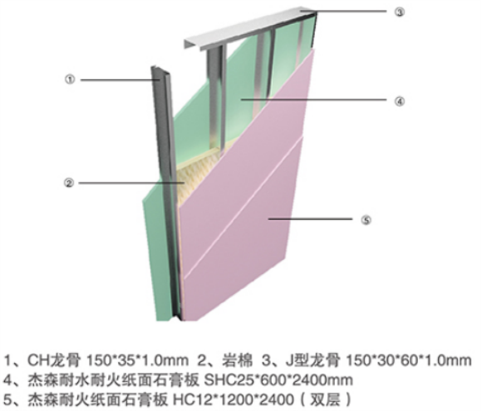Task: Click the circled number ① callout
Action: [70, 80]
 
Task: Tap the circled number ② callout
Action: [68, 183]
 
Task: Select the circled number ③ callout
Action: [399, 12]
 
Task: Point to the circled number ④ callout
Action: [399, 101]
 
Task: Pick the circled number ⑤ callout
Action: [366, 220]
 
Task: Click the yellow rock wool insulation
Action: [196, 177]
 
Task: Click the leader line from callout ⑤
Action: [310, 219]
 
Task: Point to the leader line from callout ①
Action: [120, 80]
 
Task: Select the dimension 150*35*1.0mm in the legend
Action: [138, 360]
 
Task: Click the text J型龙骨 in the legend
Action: [312, 360]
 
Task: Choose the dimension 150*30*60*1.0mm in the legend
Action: [409, 360]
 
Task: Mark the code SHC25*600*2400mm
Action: [278, 380]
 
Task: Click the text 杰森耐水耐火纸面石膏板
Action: [113, 380]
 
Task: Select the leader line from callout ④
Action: [313, 100]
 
